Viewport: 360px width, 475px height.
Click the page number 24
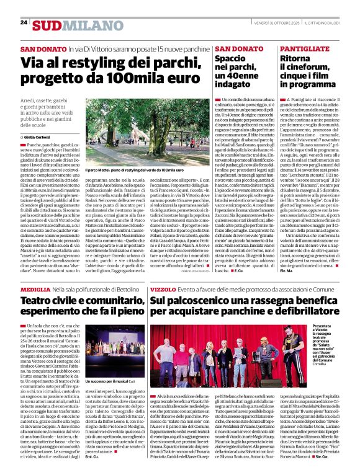[x=23, y=22]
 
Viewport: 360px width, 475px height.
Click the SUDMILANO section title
[x=64, y=24]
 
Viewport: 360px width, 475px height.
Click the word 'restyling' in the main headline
[x=84, y=63]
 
